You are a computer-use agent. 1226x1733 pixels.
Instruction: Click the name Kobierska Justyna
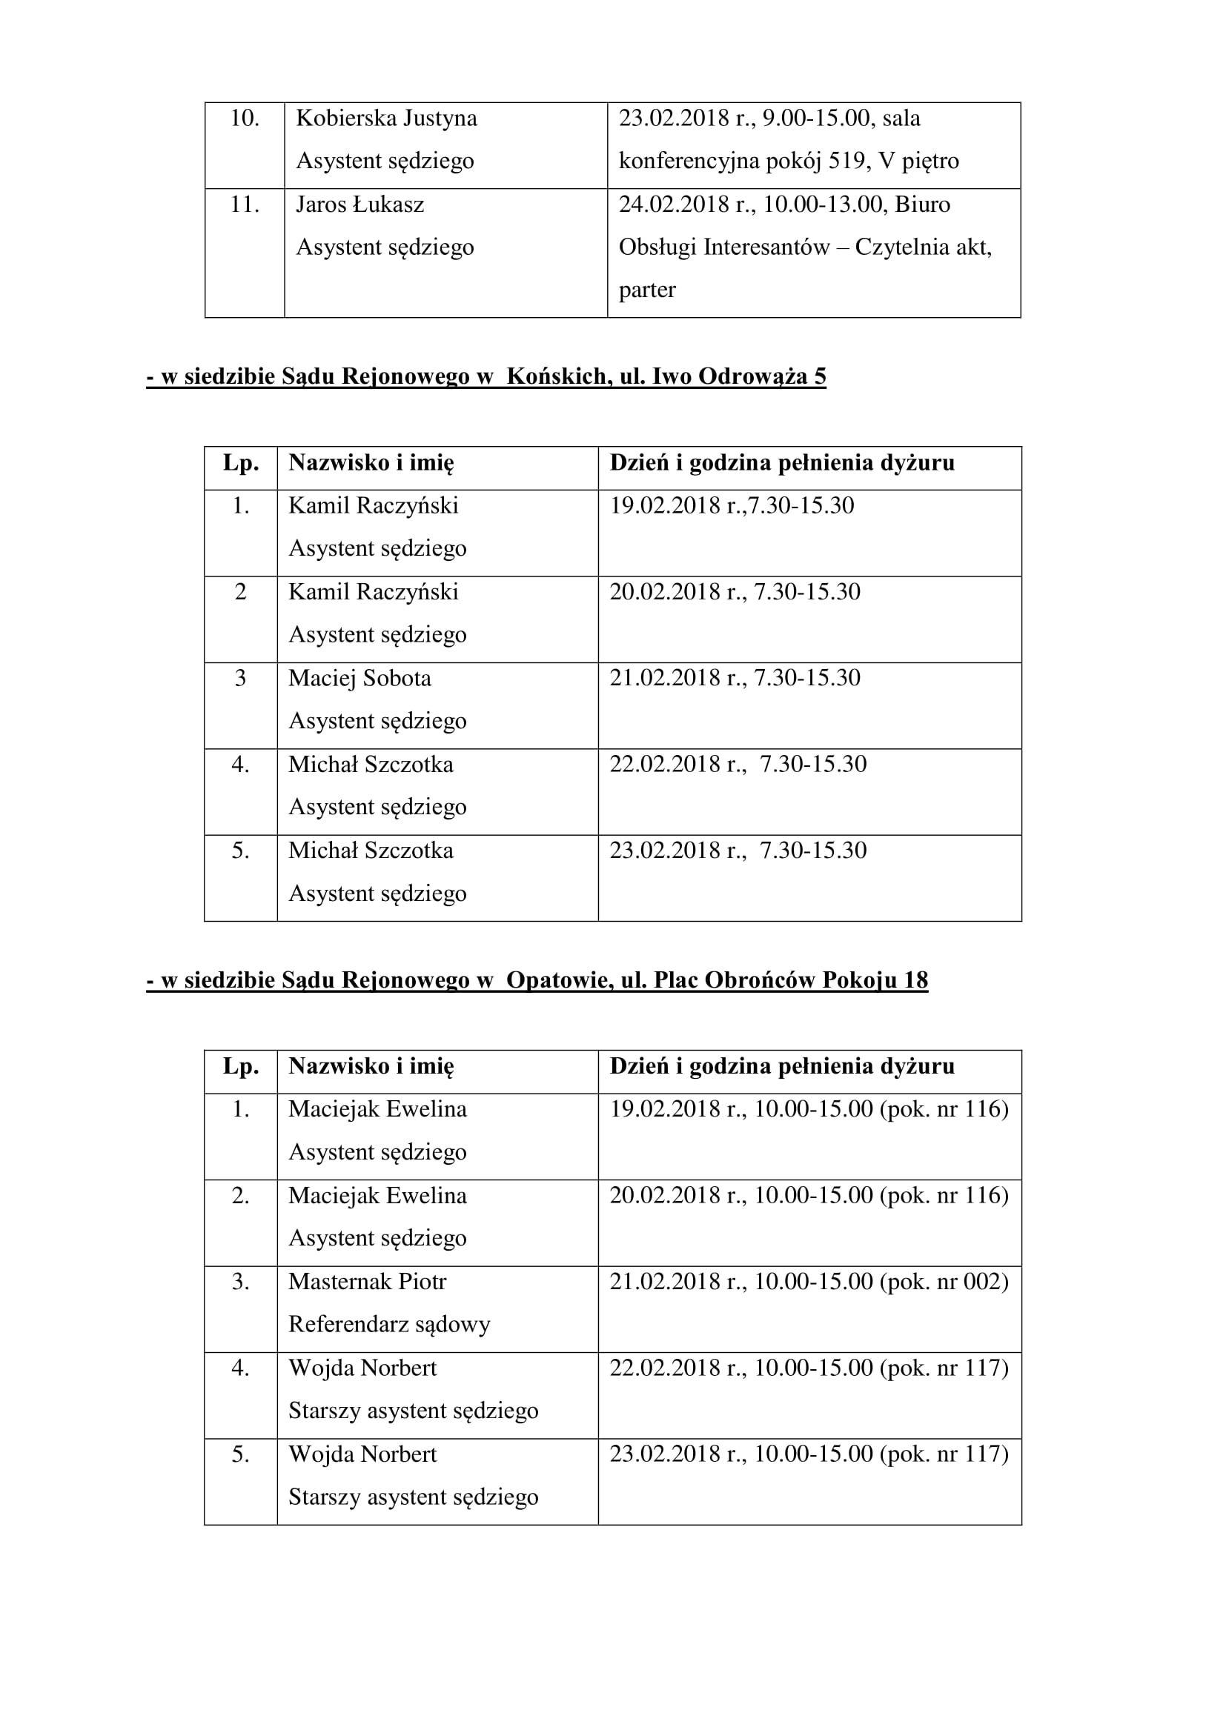[385, 119]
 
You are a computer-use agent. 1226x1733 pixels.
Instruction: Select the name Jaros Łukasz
[359, 204]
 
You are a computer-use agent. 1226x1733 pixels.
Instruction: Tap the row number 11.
[244, 204]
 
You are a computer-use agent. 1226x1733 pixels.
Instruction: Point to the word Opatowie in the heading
[559, 979]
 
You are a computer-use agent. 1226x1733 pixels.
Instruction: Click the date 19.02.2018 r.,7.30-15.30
[732, 506]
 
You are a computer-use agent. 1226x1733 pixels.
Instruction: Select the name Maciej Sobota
[359, 678]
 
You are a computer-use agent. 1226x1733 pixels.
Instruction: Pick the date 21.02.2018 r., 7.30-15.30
[735, 678]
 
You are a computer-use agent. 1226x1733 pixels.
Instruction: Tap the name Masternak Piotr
[367, 1282]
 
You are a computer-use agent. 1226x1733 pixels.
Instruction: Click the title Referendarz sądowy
[389, 1324]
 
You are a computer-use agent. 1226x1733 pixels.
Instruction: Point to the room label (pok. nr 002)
[944, 1282]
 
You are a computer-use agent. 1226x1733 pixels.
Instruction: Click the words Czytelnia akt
[922, 247]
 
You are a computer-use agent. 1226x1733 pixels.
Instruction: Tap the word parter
[647, 290]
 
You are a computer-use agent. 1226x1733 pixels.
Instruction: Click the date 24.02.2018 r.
[685, 204]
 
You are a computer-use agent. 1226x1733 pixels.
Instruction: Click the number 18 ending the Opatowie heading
[915, 979]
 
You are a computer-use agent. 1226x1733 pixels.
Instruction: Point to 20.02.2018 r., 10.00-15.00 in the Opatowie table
[740, 1196]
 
